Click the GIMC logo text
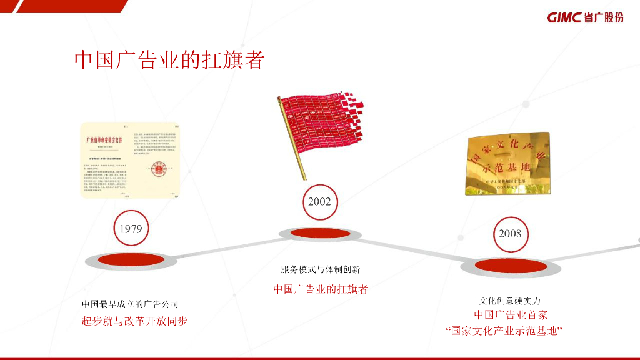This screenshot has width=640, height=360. pos(566,17)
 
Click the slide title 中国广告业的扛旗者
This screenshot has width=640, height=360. pos(169,60)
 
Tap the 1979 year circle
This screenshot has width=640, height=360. pos(131,229)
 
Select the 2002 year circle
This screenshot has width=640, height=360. pos(319,202)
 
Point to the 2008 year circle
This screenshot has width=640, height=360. pos(510,234)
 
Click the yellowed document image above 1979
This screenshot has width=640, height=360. pos(131,161)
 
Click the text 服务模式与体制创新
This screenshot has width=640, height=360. pos(320,270)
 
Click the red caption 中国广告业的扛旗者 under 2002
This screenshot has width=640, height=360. pos(320,289)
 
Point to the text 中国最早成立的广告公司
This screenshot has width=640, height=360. pos(130,304)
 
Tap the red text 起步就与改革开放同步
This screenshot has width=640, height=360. pos(134,321)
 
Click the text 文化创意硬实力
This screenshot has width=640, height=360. pos(510,301)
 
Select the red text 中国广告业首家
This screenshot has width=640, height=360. pos(510,315)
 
